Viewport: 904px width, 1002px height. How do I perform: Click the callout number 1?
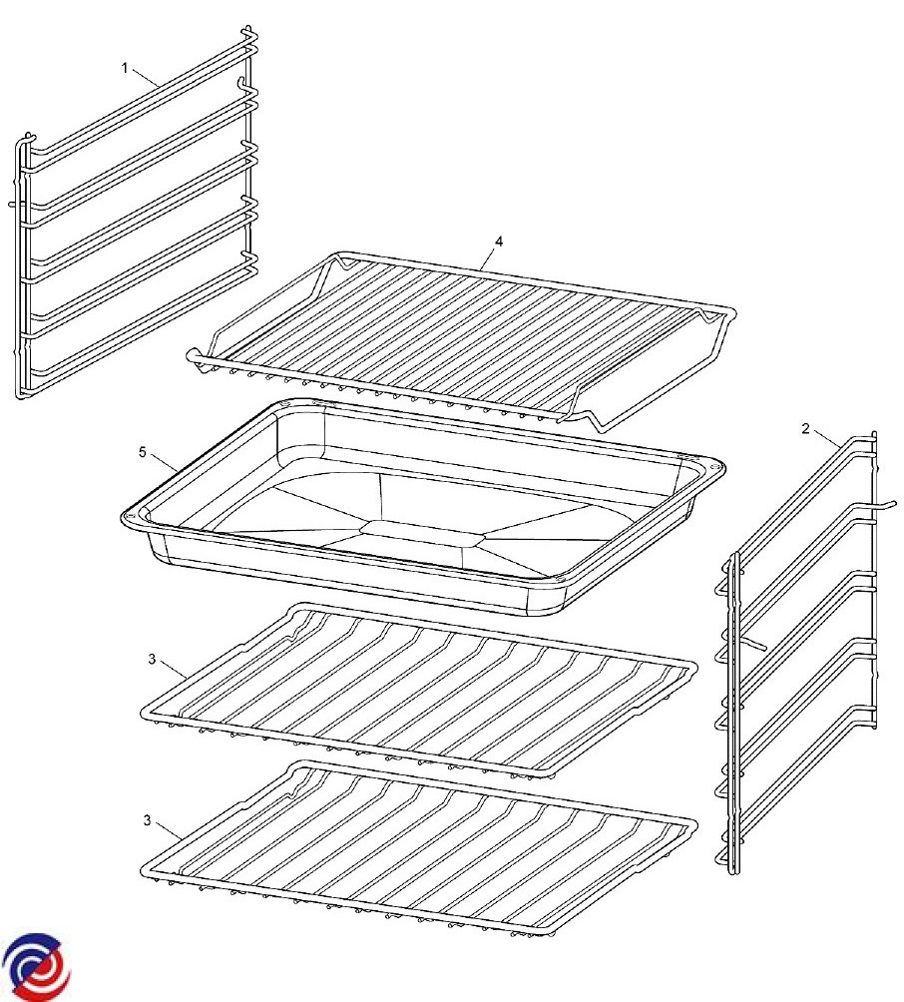tap(125, 68)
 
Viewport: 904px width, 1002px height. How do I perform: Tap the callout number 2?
tap(805, 429)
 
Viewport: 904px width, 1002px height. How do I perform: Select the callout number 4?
tap(499, 242)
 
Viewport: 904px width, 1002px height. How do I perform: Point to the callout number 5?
tap(143, 452)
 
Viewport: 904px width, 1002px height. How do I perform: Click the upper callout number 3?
tap(152, 660)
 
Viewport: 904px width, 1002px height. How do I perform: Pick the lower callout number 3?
tap(147, 820)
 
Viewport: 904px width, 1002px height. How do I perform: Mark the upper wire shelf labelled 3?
tap(418, 691)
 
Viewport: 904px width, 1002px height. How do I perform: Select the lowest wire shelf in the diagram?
tap(418, 850)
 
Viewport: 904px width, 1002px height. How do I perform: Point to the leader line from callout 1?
tap(145, 77)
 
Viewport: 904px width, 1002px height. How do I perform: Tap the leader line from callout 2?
tap(827, 439)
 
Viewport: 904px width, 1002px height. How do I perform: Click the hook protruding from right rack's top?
tap(885, 506)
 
